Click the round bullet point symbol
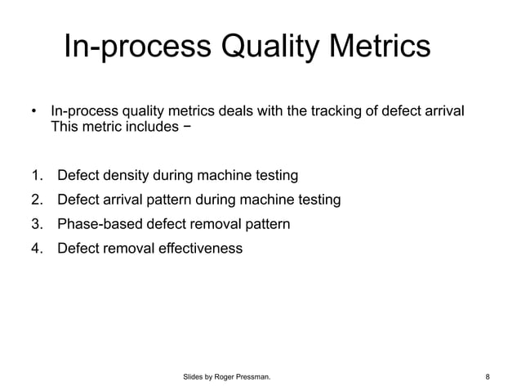pyautogui.click(x=33, y=110)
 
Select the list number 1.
pyautogui.click(x=35, y=175)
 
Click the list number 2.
pyautogui.click(x=35, y=200)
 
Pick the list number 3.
pyautogui.click(x=35, y=223)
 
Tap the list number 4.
pyautogui.click(x=35, y=247)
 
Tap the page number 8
pyautogui.click(x=488, y=377)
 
